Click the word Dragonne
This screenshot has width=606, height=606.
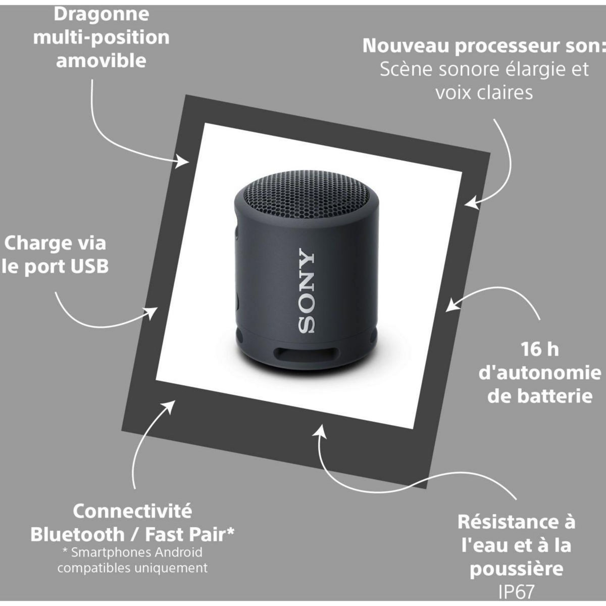pos(101,14)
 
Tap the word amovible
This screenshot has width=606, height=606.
pos(101,61)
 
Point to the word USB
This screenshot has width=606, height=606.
pos(89,267)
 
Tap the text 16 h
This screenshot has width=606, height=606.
pos(539,349)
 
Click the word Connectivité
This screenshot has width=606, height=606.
pos(132,511)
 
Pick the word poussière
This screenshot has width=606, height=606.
pos(517,569)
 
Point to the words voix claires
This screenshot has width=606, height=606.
pos(484,92)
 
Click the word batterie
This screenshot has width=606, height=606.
pos(539,396)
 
